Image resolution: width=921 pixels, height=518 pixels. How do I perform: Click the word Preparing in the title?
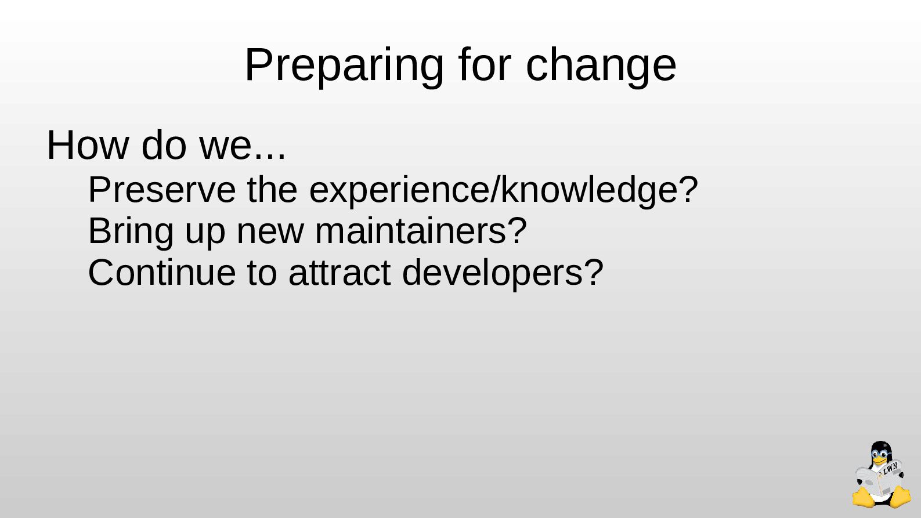(x=344, y=66)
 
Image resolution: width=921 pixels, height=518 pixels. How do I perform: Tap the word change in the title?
(x=601, y=66)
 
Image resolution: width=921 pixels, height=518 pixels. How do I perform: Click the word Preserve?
(x=162, y=190)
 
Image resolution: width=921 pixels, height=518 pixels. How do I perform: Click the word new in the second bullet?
(x=270, y=235)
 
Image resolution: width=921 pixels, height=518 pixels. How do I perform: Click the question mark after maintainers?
(x=517, y=231)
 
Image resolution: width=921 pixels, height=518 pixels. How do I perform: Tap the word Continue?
(x=162, y=273)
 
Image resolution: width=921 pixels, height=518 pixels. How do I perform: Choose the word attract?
(x=339, y=273)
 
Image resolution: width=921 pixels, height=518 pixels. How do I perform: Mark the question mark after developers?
(x=594, y=272)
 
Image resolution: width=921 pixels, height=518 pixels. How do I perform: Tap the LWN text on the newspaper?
(x=890, y=469)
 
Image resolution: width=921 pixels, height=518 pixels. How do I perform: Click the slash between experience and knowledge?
(x=494, y=190)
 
